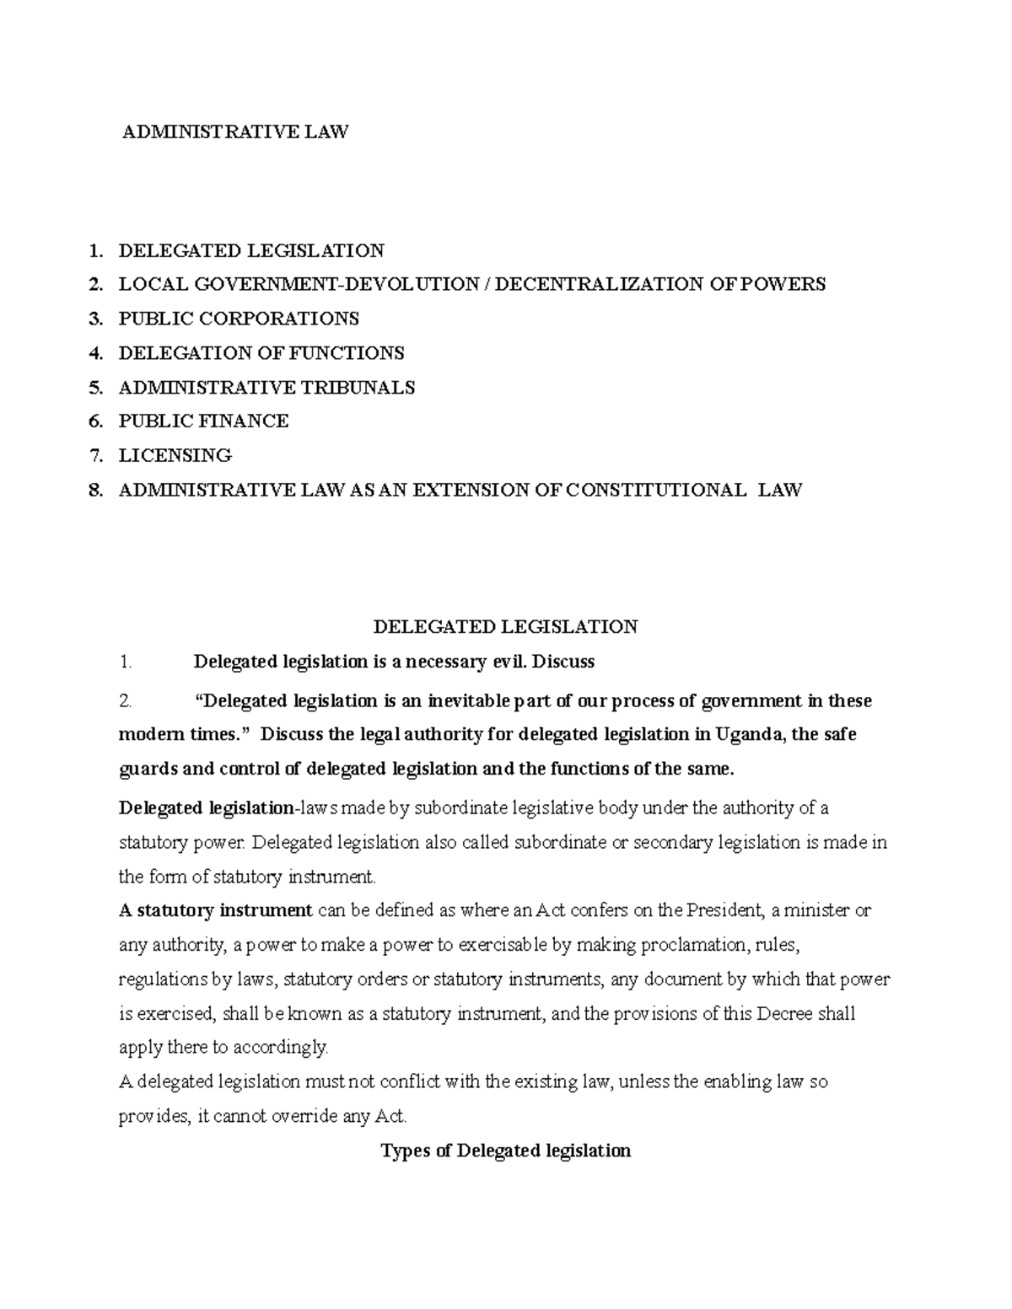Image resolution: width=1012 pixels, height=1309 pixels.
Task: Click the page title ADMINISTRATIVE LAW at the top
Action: [x=235, y=131]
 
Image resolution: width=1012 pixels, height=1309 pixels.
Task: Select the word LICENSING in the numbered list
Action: [x=175, y=455]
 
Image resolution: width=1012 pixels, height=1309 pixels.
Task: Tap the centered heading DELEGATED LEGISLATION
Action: [x=505, y=626]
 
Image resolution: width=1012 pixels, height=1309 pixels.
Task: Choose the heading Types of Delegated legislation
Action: [x=505, y=1151]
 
